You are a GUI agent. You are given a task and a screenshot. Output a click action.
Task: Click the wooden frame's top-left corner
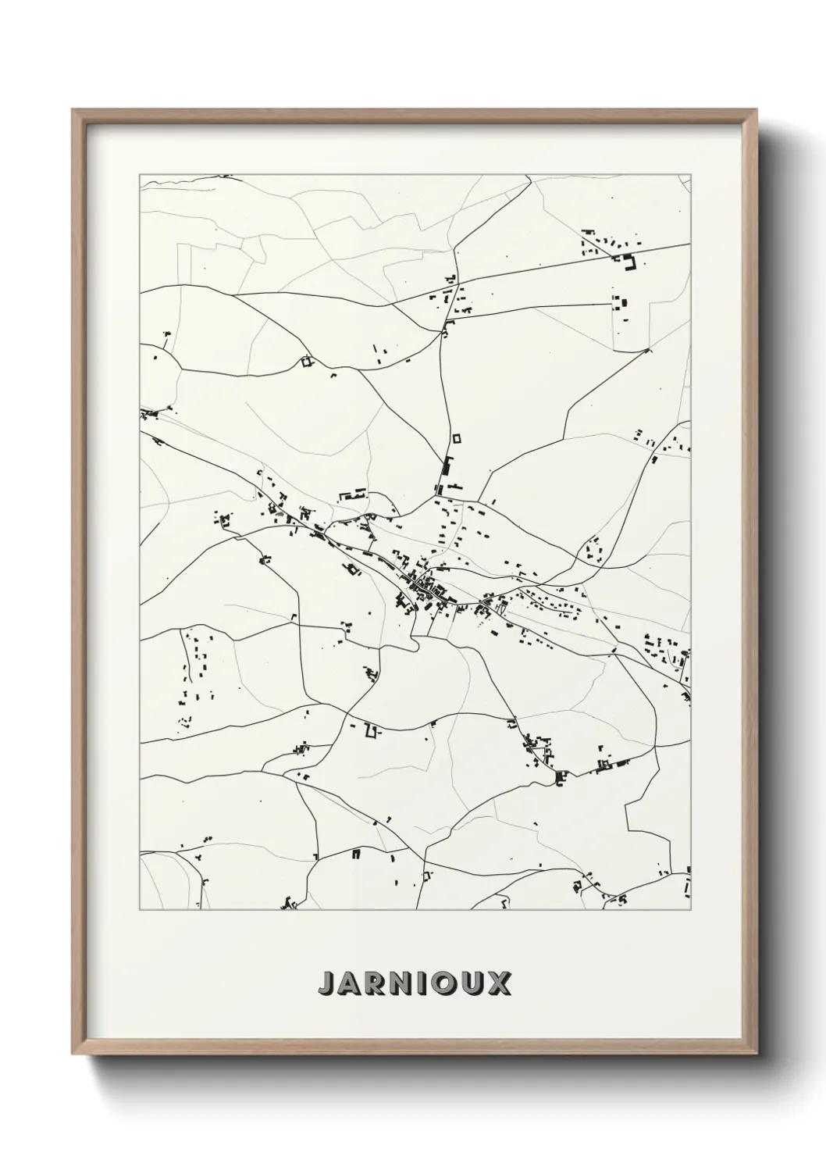tap(73, 110)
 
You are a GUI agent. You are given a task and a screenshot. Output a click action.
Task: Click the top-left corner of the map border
tap(140, 175)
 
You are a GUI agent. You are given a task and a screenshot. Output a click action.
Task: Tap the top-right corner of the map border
tap(691, 175)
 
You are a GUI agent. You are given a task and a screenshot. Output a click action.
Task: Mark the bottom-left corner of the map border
tap(140, 910)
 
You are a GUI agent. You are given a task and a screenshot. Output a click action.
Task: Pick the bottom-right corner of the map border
tap(691, 910)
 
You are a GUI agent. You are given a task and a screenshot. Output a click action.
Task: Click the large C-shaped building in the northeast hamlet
tap(628, 263)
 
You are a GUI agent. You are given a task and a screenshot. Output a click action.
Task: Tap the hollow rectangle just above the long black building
tap(457, 438)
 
